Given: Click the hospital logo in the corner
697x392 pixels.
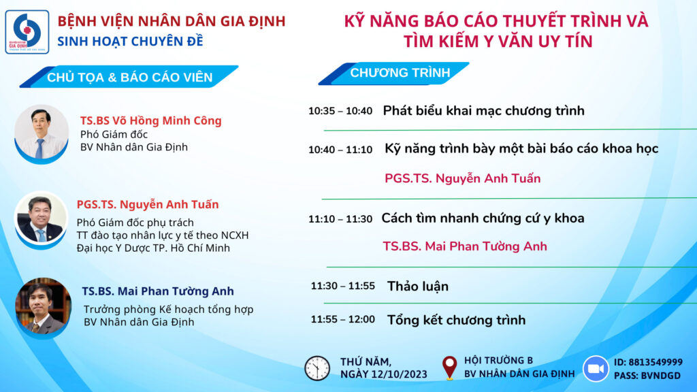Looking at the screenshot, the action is pos(27,32).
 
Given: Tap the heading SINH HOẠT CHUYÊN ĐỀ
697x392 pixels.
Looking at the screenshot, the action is pos(130,42).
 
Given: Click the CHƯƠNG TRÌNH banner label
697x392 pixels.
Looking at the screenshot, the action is pos(400,73).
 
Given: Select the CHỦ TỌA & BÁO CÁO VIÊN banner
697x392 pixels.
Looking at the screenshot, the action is pos(129,77).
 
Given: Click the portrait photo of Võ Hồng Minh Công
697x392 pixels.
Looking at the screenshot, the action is pos(42,134).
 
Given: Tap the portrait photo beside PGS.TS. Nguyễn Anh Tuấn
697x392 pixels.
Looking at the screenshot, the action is pos(41,220).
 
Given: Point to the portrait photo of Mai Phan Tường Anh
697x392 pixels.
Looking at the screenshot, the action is pos(43,308).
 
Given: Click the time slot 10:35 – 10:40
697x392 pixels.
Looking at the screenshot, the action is pos(340,111).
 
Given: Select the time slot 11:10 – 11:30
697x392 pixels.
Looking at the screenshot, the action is pos(340,219).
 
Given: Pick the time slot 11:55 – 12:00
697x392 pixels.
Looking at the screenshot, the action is pos(343,320).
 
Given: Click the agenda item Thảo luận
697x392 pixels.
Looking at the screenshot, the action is pos(418,287).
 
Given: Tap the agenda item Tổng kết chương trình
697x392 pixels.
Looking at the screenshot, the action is pos(457,320).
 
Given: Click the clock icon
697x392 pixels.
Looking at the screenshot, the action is pos(317,368).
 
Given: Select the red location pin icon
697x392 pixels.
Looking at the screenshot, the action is pos(449,368).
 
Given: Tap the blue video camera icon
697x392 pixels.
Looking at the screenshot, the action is pos(596,369).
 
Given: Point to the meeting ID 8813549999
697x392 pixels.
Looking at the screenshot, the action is pos(655,362).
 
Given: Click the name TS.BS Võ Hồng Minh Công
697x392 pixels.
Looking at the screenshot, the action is pos(150,121).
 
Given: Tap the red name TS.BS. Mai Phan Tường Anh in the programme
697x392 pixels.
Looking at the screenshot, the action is pos(465,246).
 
